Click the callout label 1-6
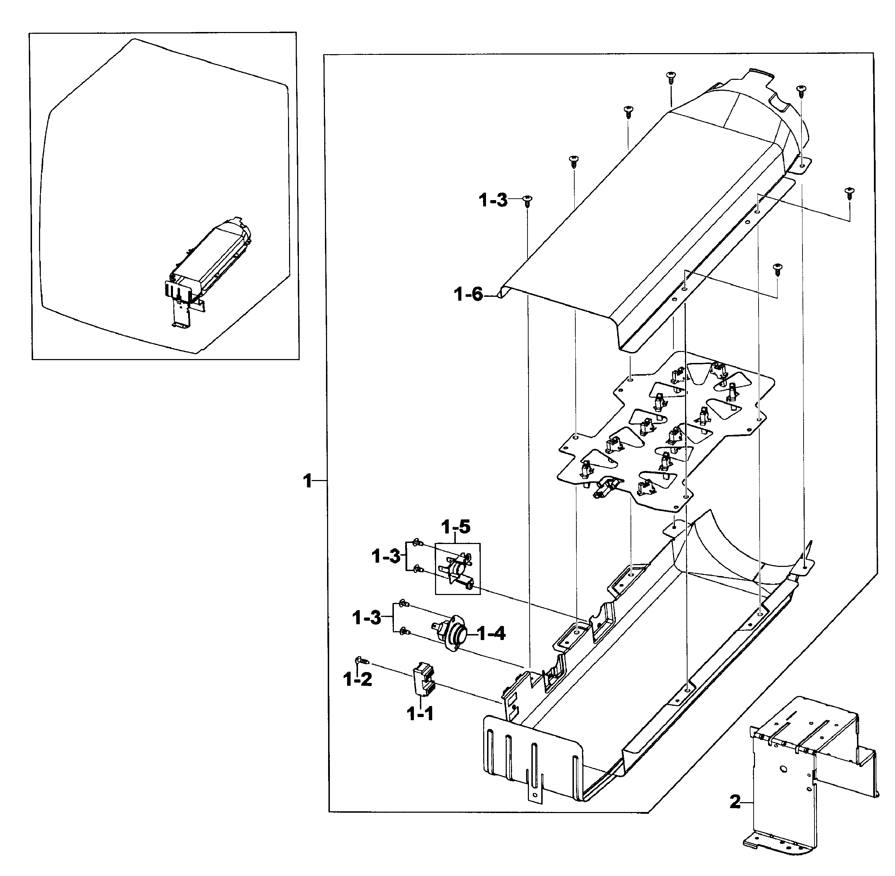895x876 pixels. pyautogui.click(x=468, y=294)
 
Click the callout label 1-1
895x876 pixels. pyautogui.click(x=420, y=714)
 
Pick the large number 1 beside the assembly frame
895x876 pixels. pyautogui.click(x=307, y=482)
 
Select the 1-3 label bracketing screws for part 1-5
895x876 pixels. pyautogui.click(x=386, y=557)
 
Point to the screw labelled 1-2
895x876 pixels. pyautogui.click(x=361, y=661)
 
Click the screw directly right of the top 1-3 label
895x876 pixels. pyautogui.click(x=527, y=200)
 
